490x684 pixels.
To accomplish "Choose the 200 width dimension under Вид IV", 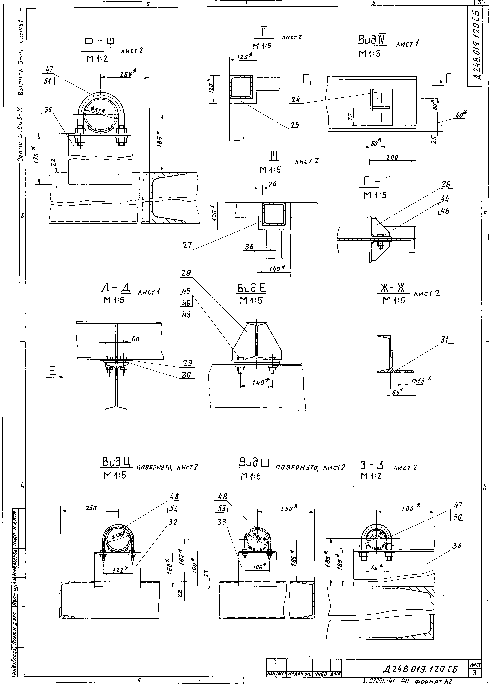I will coord(392,157).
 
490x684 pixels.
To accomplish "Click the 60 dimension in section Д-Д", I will coord(135,339).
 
